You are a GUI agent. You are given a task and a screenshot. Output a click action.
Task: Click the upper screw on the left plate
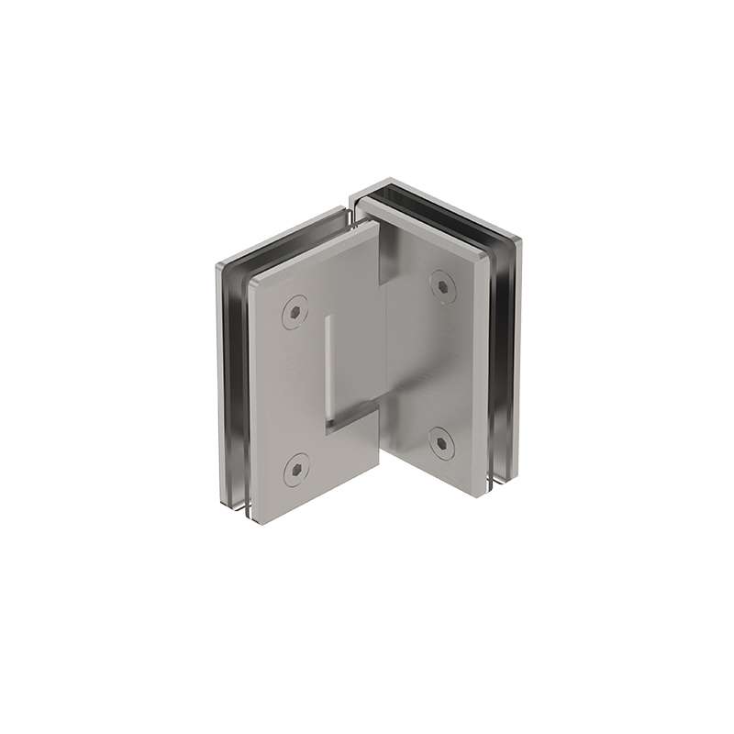point(295,312)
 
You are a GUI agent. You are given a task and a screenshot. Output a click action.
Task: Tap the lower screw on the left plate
point(295,471)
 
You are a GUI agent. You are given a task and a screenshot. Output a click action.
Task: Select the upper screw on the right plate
point(443,286)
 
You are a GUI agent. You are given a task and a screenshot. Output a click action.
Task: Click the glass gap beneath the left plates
point(239,506)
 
